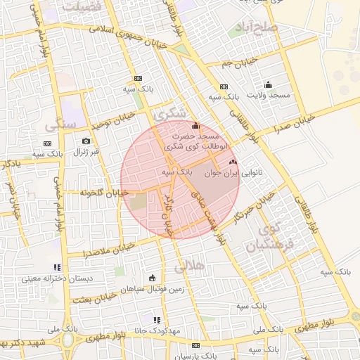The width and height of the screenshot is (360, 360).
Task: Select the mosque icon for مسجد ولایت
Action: [268, 84]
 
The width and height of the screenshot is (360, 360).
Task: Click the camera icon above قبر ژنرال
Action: [86, 141]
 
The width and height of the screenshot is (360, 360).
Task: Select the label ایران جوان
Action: [223, 171]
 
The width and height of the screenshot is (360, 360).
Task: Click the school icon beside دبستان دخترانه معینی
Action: [57, 267]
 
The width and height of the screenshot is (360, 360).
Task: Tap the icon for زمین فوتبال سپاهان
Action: [153, 278]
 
